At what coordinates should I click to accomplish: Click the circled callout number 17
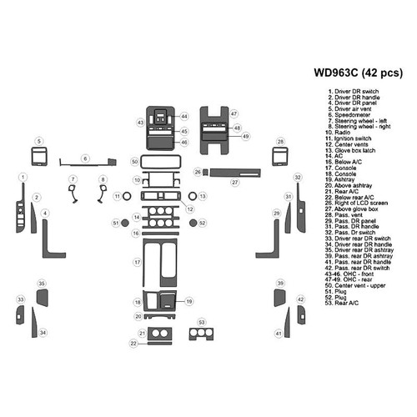coord(137,262)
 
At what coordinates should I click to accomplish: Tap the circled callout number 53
coord(201,321)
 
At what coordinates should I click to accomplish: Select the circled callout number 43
coord(141,123)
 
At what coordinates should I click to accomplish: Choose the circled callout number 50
coord(134,160)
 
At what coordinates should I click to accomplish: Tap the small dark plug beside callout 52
coord(191,223)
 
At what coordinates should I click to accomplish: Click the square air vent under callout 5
coord(38,157)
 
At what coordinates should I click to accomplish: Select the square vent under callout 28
coord(280,157)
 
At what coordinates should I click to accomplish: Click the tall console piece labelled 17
coord(158,262)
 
